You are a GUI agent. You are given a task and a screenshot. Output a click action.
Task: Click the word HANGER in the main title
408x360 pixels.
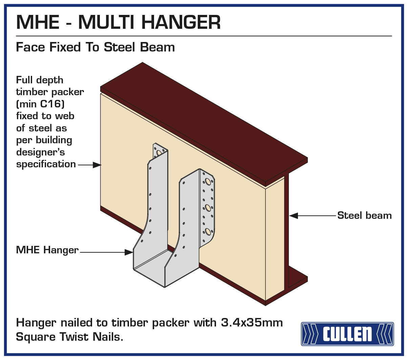(x=181, y=22)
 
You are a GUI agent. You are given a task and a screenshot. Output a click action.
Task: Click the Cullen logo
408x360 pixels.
(x=347, y=334)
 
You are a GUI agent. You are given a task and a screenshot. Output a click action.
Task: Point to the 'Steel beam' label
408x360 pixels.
(x=364, y=215)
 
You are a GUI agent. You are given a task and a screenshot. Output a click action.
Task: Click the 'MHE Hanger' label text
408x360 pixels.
(x=47, y=250)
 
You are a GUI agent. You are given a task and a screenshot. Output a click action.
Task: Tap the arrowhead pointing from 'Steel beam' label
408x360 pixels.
(x=293, y=215)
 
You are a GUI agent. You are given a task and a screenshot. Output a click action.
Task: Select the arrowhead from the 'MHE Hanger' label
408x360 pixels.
(x=129, y=252)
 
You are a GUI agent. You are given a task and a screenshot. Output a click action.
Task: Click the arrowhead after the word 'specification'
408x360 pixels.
(x=97, y=165)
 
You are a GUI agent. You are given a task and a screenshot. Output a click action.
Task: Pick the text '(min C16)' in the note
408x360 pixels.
(x=40, y=104)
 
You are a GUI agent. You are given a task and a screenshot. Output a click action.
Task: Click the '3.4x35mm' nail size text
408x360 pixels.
(x=252, y=323)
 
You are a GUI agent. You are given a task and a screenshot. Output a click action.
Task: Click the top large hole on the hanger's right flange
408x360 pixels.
(x=208, y=182)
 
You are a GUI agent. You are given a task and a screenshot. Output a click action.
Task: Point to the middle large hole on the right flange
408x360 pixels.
(x=208, y=207)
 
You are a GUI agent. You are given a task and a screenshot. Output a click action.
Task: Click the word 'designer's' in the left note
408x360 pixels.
(x=40, y=152)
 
